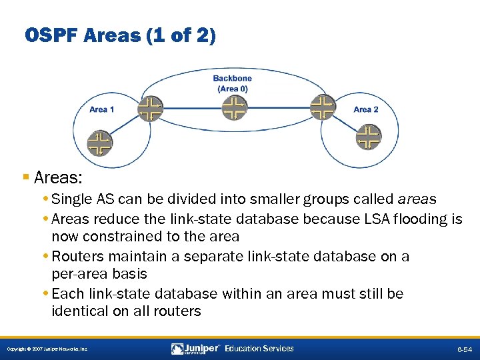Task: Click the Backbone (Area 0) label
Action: (232, 83)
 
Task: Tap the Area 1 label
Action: (102, 109)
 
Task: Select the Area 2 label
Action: (366, 109)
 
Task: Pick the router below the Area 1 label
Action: (100, 143)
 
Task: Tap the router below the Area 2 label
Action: (367, 137)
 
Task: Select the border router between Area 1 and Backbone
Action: (150, 107)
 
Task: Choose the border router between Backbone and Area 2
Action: (323, 107)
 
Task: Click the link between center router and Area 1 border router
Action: (192, 107)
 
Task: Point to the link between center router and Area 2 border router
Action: (279, 107)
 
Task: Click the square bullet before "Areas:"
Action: (25, 179)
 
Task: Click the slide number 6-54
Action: (465, 349)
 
